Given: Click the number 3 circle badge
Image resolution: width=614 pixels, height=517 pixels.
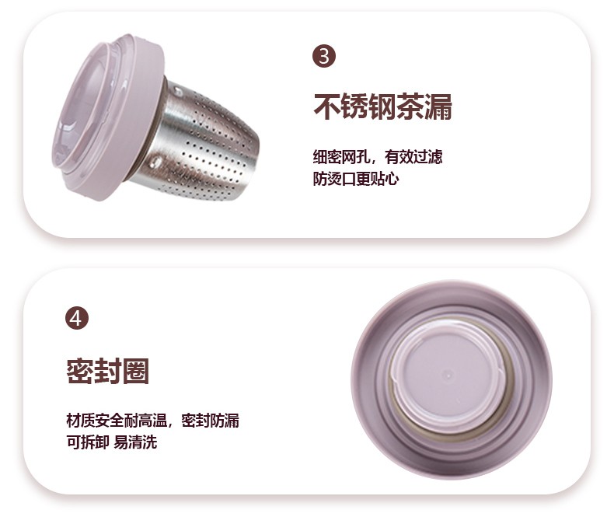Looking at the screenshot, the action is click(x=324, y=56).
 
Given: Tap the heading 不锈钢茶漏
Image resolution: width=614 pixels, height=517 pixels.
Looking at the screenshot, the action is click(x=382, y=107).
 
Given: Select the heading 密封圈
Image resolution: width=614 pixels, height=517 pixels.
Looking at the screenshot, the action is click(x=108, y=371).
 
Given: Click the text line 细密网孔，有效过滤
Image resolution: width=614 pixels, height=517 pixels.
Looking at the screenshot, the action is click(x=378, y=157).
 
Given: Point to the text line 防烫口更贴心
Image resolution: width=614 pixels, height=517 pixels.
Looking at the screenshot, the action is click(x=355, y=179).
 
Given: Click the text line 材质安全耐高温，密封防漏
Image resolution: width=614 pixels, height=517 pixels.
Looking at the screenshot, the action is click(x=152, y=421).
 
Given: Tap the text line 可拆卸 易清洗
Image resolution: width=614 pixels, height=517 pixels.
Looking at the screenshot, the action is click(x=112, y=442).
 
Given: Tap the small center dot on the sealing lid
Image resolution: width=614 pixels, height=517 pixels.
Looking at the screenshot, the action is click(x=448, y=375).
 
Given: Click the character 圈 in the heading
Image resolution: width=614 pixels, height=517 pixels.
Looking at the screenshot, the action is click(x=136, y=371).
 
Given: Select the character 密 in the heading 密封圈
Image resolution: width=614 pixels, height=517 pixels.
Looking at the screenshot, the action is click(x=79, y=371).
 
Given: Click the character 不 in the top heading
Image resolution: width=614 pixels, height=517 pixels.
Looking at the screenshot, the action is click(x=326, y=107).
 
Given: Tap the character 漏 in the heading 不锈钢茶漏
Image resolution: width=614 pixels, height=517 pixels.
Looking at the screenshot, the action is click(x=438, y=107).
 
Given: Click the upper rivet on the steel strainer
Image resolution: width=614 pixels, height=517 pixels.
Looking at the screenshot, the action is click(x=177, y=92).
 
